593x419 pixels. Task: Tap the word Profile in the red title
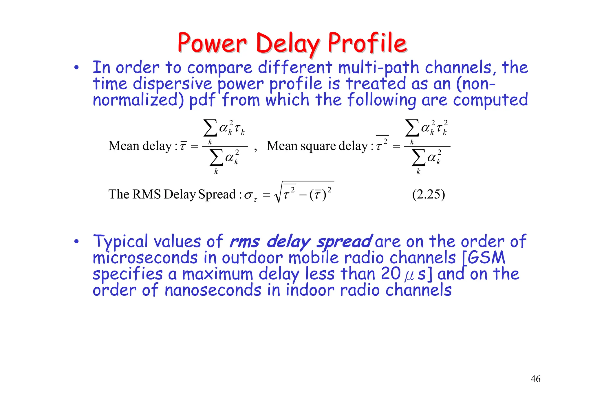pyautogui.click(x=367, y=43)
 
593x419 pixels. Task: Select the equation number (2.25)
pyautogui.click(x=428, y=194)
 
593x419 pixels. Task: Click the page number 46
pyautogui.click(x=535, y=379)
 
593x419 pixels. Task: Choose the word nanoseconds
pyautogui.click(x=213, y=290)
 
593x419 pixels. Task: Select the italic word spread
pyautogui.click(x=344, y=242)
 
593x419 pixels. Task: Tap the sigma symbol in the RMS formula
pyautogui.click(x=248, y=195)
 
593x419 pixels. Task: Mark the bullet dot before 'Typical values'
pyautogui.click(x=76, y=242)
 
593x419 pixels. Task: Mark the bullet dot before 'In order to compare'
pyautogui.click(x=76, y=68)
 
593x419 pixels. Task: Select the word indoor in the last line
pyautogui.click(x=310, y=290)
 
